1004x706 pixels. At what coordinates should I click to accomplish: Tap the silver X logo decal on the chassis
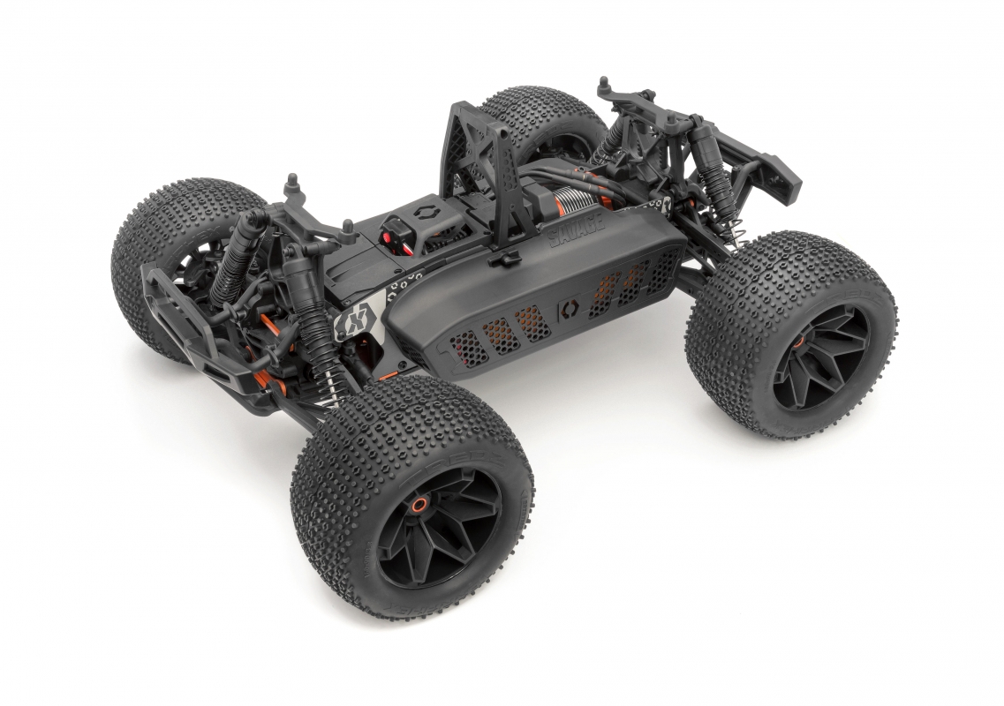tap(351, 323)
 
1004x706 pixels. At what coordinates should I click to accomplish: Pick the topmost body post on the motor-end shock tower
tap(604, 84)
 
